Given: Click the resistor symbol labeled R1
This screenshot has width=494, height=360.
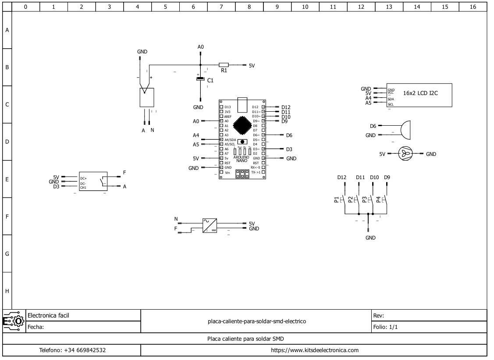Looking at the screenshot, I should [x=224, y=65].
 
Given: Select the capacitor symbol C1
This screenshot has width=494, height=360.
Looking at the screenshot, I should [x=200, y=79].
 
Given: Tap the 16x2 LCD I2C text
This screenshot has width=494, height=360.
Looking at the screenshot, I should [x=420, y=92].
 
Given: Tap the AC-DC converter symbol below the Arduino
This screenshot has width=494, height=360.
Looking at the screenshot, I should [x=210, y=226].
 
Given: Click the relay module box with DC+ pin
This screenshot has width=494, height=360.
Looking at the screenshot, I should [x=92, y=181].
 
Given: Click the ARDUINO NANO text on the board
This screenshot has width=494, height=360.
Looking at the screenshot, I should [x=242, y=159].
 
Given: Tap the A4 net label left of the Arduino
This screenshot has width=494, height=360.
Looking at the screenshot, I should [x=196, y=136].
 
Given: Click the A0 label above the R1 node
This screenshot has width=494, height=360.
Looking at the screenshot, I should [x=201, y=46].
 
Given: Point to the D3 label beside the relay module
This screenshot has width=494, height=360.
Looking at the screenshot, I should [x=56, y=187].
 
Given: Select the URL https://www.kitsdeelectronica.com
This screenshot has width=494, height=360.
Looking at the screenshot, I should [x=315, y=350].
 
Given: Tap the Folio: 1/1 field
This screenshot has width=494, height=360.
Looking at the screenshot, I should [x=386, y=327].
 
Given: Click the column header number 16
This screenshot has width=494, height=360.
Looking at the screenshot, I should [x=473, y=7].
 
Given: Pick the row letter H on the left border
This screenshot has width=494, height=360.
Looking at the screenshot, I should [x=7, y=291].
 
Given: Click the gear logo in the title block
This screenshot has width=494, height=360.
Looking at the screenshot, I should [x=14, y=321].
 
